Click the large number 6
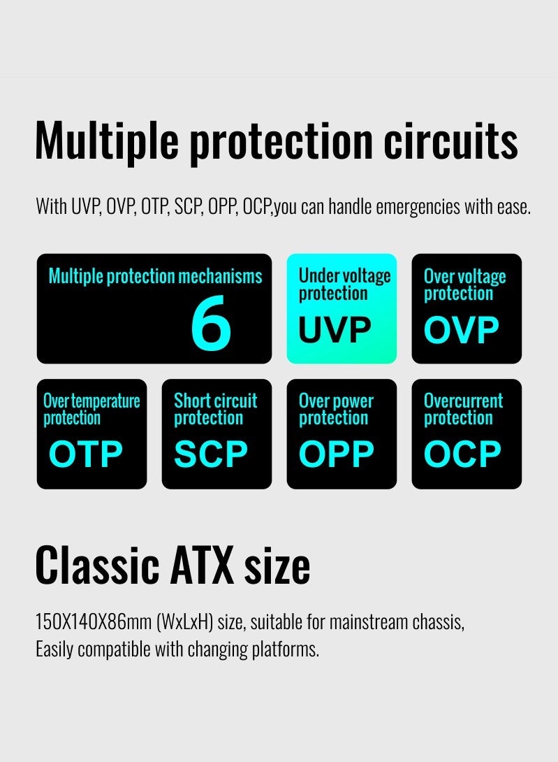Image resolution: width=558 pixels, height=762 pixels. click(x=211, y=323)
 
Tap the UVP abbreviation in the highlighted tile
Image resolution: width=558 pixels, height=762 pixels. click(x=335, y=330)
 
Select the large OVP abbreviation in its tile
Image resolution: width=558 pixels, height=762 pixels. click(x=462, y=330)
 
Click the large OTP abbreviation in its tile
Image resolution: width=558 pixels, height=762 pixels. click(x=85, y=454)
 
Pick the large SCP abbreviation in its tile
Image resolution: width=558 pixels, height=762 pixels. click(x=211, y=454)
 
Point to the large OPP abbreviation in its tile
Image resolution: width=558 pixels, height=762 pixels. click(x=336, y=454)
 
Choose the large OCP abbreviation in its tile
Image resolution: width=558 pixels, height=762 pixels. click(x=462, y=454)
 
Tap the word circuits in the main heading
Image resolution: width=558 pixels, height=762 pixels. click(x=450, y=141)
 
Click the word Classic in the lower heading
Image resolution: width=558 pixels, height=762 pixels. click(x=97, y=565)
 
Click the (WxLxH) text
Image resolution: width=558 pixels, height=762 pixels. click(x=184, y=622)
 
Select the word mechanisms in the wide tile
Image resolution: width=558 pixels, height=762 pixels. click(x=220, y=276)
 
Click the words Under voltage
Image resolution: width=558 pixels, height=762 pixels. click(x=345, y=276)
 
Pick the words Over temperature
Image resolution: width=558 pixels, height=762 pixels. click(x=91, y=401)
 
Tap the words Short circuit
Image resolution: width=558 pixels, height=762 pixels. click(x=216, y=401)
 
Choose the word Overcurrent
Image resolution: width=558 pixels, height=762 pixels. click(x=463, y=401)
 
